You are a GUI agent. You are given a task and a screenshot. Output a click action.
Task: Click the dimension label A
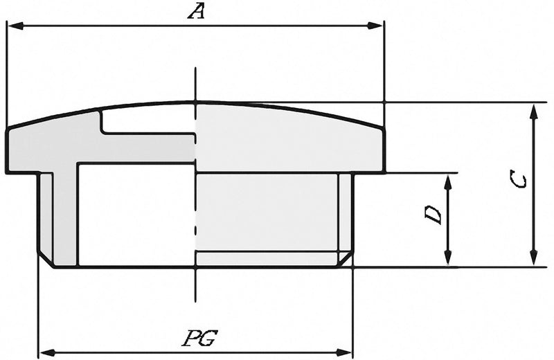(x=197, y=12)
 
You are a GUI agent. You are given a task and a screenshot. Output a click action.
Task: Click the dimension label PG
(x=199, y=338)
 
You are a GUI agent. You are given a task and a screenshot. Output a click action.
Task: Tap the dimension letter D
(x=434, y=215)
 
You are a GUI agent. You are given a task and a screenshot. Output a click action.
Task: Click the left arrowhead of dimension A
(x=15, y=26)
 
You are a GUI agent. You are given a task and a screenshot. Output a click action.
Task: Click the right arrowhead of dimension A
(x=375, y=26)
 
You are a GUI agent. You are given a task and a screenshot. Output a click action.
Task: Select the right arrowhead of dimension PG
(x=343, y=352)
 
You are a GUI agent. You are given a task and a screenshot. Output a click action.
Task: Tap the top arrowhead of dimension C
(x=534, y=113)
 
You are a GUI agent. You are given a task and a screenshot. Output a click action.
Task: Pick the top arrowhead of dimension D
(x=448, y=183)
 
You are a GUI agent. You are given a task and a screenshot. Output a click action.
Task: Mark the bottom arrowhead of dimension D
(x=448, y=257)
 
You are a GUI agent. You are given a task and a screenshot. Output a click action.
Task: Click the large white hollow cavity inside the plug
(x=136, y=215)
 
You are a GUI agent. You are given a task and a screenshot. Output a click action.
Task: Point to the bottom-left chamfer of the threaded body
(x=46, y=260)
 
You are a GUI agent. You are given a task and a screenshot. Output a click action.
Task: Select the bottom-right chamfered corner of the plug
(x=346, y=260)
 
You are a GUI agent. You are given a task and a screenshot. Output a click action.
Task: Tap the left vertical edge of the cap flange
(x=7, y=151)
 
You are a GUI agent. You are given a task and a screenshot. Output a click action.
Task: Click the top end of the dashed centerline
(x=195, y=68)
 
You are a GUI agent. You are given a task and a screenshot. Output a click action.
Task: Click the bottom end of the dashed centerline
(x=195, y=301)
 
